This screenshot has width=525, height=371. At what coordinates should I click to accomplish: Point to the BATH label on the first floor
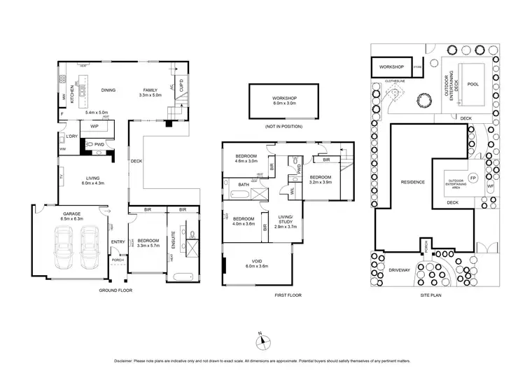pos(244,185)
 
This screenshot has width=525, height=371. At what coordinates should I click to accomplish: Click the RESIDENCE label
pos(412,182)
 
